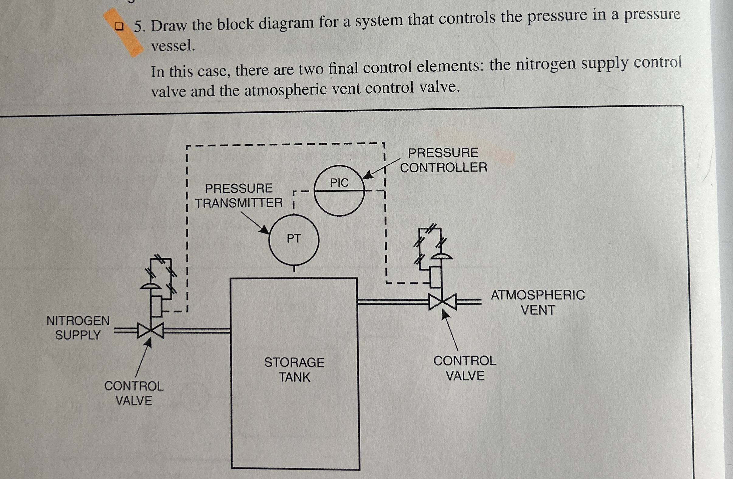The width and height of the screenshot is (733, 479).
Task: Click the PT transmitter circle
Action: [x=294, y=239]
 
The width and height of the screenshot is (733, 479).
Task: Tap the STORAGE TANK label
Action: [x=294, y=369]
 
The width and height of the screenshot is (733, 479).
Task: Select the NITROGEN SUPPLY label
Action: [x=78, y=328]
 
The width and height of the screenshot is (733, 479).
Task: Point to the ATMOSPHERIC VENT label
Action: [x=538, y=302]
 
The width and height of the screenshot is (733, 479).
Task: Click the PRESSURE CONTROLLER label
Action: [x=443, y=160]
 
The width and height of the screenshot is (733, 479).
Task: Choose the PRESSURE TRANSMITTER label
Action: [x=239, y=195]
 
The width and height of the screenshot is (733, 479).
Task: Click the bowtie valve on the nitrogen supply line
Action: [x=151, y=331]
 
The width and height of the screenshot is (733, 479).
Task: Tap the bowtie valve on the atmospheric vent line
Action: [x=442, y=302]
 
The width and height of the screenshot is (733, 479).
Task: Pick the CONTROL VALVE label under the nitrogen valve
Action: [x=134, y=393]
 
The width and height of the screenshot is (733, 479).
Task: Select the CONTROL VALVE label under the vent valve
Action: [x=465, y=368]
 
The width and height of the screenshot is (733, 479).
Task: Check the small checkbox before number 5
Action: [x=119, y=26]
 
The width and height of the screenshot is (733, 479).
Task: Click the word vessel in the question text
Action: [x=173, y=46]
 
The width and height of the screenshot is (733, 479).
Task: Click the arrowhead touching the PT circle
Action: [x=265, y=230]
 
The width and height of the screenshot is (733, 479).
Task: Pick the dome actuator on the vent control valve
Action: [x=441, y=257]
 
